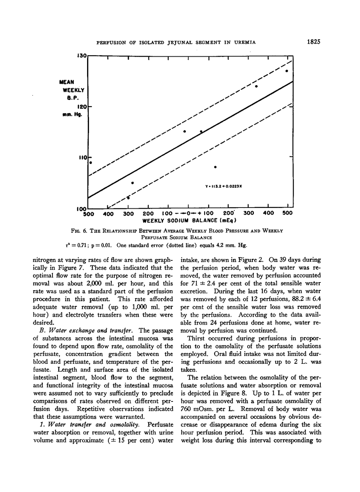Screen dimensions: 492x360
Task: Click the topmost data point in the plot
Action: [287, 71]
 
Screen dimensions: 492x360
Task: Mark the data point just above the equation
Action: [215, 167]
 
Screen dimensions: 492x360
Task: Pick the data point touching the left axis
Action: [91, 162]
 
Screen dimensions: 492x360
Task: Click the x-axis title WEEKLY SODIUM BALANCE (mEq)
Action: [190, 220]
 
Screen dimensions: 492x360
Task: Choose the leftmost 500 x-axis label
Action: [89, 213]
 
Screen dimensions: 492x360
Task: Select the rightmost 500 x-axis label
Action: [287, 213]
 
